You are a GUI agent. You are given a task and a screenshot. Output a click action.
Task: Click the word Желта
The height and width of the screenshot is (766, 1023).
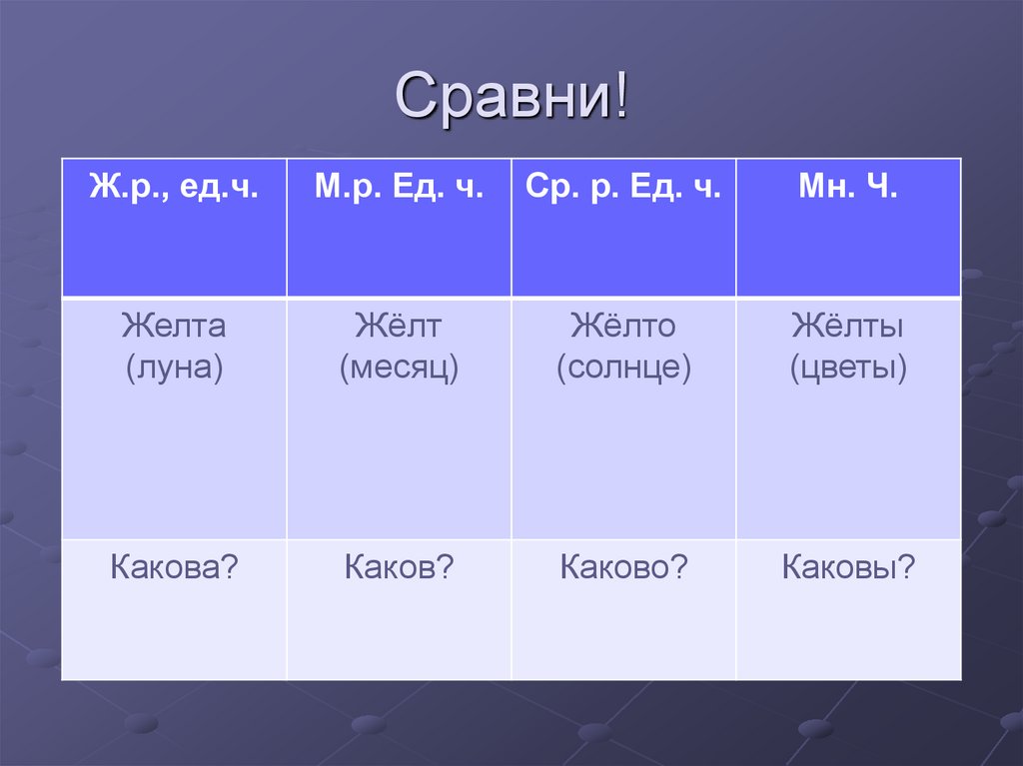174,326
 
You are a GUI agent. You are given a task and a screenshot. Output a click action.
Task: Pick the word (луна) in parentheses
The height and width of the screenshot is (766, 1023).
174,369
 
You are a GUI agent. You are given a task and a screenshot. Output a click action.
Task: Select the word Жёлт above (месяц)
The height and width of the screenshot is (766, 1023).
399,326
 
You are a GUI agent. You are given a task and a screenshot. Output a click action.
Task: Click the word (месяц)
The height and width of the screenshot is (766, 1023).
399,369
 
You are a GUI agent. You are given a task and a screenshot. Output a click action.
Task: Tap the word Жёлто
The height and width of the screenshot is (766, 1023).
623,326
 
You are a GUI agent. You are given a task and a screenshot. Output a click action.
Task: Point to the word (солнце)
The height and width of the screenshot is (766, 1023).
623,369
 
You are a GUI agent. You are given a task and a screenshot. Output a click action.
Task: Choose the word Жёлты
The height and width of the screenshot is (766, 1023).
848,326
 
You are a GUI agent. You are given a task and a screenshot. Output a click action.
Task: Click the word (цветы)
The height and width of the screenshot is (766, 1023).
848,369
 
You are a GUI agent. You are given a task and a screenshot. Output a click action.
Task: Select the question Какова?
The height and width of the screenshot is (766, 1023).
174,567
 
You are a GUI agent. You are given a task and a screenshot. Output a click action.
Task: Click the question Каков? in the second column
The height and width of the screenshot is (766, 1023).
399,567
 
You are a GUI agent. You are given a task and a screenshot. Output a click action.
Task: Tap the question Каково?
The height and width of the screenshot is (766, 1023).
623,567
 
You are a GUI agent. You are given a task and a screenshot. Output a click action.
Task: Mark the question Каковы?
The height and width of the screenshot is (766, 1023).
848,567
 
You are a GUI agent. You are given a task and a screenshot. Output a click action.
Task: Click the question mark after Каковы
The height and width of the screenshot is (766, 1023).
907,567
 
